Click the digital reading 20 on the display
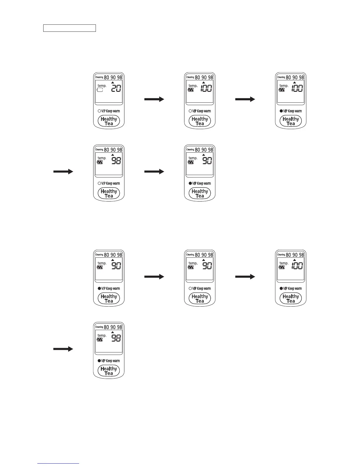tap(116, 88)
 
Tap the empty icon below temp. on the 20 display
tap(100, 90)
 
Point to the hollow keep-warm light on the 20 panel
tap(99, 111)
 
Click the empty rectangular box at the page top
tap(69, 28)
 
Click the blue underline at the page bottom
tap(59, 463)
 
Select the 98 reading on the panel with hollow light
tap(116, 161)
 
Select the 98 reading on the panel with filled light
tap(116, 338)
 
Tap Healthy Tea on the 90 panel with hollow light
tap(200, 299)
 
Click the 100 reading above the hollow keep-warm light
tap(206, 88)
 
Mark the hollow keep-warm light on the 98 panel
tap(99, 184)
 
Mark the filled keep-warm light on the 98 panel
tap(99, 361)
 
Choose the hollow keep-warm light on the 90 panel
tap(190, 289)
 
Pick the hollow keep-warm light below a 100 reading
tap(190, 111)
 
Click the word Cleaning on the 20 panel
tap(99, 77)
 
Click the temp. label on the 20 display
tap(102, 86)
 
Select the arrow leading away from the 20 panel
tap(154, 99)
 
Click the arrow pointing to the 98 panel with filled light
tap(63, 349)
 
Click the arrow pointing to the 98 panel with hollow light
tap(63, 172)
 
